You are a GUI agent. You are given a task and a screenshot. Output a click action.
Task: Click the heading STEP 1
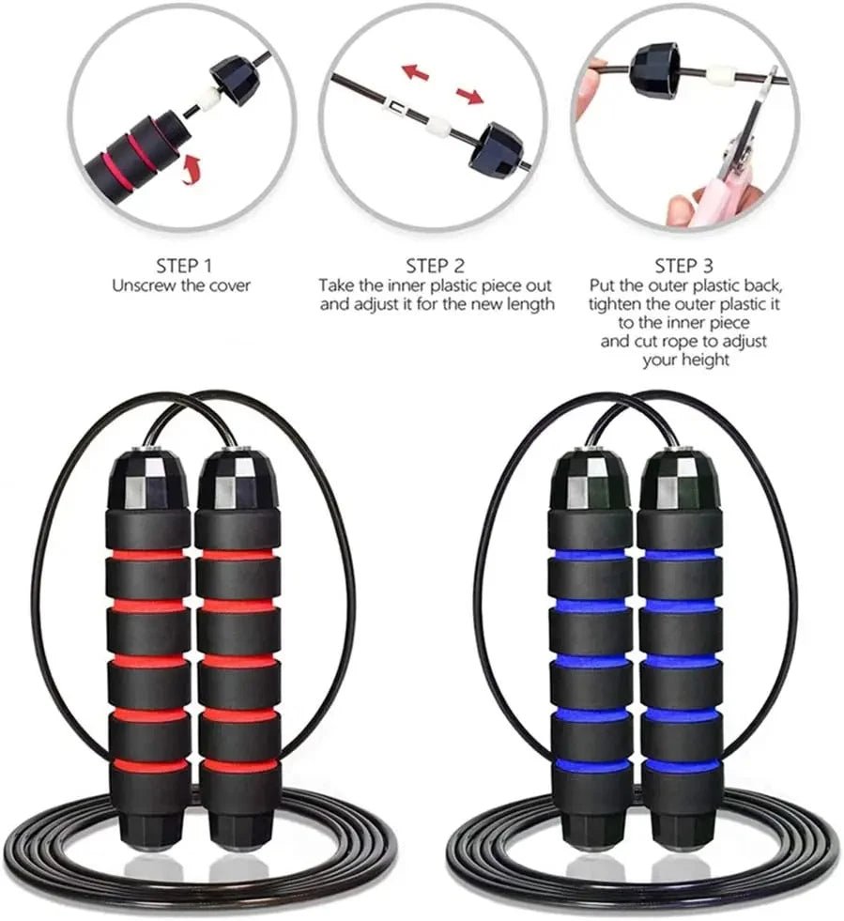tap(181, 265)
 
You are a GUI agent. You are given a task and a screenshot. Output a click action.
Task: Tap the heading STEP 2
tap(435, 265)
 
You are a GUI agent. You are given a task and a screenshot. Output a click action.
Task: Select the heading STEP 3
tap(691, 265)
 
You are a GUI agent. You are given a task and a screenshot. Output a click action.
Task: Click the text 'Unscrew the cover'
tap(181, 285)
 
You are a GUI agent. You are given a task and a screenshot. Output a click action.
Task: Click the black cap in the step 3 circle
tap(658, 73)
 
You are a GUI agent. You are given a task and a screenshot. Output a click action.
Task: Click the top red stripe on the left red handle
tap(146, 555)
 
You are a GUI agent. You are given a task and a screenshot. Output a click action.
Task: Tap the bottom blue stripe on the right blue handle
tap(681, 765)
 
